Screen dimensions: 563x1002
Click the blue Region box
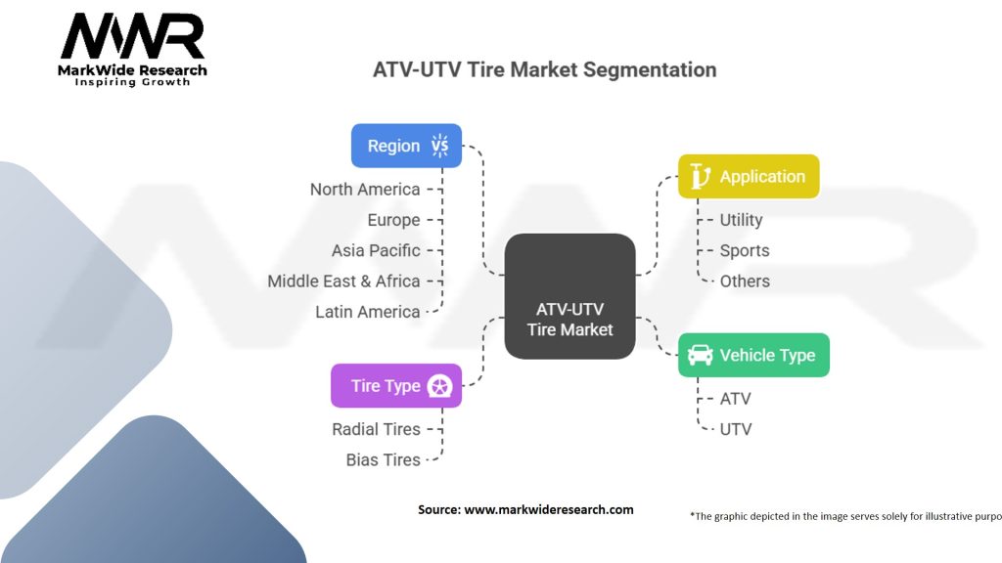(406, 146)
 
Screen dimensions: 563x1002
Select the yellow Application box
(749, 177)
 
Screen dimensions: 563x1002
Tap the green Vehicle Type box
(753, 355)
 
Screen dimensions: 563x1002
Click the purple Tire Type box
(395, 385)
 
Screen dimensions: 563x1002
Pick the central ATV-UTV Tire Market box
(569, 295)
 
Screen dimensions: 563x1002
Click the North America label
(365, 190)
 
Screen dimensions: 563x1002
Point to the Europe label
(393, 220)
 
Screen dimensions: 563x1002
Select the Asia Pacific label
(376, 250)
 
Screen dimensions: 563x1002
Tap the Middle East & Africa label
(343, 281)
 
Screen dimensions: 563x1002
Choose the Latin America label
(367, 312)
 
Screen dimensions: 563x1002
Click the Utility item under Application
(741, 220)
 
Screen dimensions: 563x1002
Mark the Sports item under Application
(745, 250)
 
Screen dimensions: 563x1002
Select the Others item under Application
(745, 281)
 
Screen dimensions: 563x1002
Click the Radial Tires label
(376, 429)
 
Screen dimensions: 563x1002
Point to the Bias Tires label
(383, 459)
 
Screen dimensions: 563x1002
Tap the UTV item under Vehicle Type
(735, 429)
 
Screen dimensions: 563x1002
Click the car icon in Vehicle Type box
(701, 355)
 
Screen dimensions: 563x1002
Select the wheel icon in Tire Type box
(440, 386)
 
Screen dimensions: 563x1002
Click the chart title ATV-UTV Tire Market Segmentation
(544, 70)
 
